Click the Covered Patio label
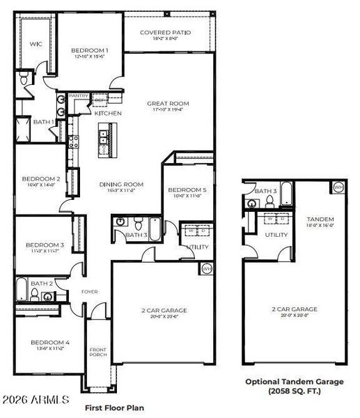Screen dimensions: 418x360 165,33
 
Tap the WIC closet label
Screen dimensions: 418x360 36,44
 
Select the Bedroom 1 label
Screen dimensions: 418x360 90,51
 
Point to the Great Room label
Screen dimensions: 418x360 168,104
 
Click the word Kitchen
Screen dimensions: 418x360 108,113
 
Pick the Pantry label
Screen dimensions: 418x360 77,97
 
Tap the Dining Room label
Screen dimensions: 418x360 121,185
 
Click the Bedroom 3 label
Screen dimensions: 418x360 45,245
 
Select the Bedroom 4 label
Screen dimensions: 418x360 47,342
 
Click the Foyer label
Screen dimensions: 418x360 90,291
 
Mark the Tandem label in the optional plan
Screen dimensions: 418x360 320,219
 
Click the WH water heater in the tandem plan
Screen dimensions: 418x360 338,187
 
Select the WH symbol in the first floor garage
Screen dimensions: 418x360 207,269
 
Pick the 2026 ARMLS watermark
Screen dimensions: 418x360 36,400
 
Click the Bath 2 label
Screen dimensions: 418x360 41,284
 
